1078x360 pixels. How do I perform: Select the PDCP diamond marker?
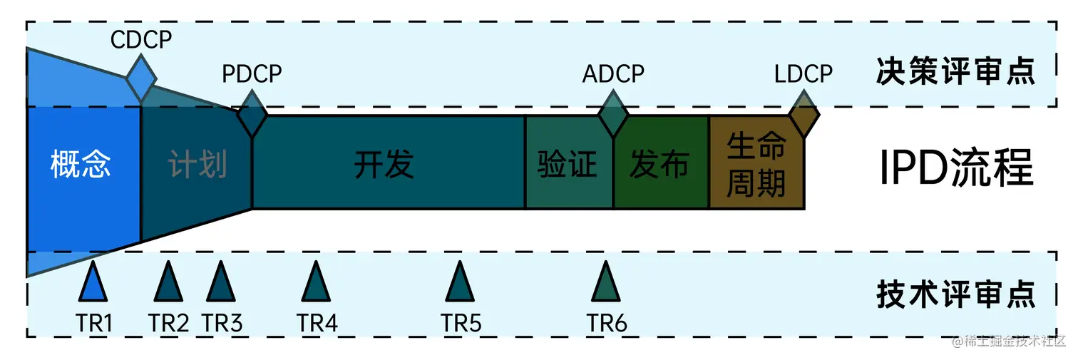(x=252, y=113)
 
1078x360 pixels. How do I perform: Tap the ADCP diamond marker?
(x=612, y=113)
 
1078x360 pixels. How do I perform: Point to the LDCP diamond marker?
(x=804, y=113)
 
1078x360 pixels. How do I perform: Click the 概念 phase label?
(x=81, y=164)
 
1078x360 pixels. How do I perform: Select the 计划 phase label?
(x=197, y=165)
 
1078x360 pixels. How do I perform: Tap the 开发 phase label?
(x=384, y=165)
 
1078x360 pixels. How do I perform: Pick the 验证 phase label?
(x=567, y=165)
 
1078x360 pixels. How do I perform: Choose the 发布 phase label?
(x=659, y=165)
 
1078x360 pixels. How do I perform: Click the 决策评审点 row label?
(x=955, y=73)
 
